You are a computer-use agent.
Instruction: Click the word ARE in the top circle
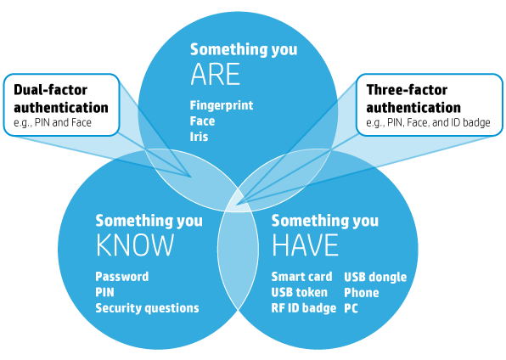pos(216,74)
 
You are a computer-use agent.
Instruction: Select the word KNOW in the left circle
pos(135,245)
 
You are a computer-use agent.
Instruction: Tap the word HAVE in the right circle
pos(305,245)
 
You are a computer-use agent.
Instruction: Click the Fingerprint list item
pos(222,105)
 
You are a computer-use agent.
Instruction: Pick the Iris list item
pos(200,137)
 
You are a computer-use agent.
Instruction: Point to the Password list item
pos(122,277)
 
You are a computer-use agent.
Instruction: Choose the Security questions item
pos(147,308)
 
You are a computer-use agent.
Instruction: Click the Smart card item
pos(301,277)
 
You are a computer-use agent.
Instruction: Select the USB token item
pos(300,293)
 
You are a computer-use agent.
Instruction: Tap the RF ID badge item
pos(304,308)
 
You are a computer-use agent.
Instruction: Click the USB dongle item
pos(375,277)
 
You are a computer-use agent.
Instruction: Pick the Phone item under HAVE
pos(362,293)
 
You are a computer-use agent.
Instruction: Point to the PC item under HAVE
pos(351,308)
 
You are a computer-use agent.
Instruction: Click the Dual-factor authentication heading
pos(61,98)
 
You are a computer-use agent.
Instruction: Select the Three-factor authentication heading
pos(413,98)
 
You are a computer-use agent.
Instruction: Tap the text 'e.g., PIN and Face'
pos(53,123)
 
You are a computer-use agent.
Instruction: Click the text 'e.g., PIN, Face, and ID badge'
pos(428,123)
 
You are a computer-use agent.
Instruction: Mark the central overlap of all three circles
pos(239,202)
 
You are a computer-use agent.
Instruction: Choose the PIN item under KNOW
pos(105,293)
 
